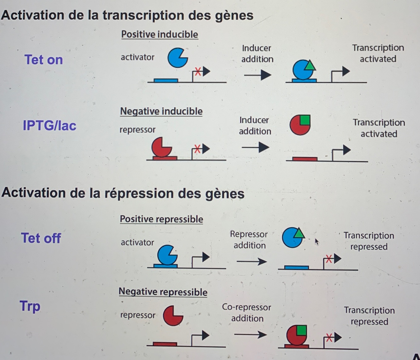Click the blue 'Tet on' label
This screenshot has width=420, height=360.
coord(43,59)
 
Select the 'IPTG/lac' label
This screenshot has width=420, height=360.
coord(49,126)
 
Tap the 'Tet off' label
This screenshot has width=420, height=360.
coord(41,238)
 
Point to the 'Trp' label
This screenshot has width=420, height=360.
coord(30,306)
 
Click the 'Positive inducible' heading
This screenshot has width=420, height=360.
coord(160,34)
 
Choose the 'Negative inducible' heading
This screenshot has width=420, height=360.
coord(161,111)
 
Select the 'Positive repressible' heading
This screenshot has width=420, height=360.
coord(161,219)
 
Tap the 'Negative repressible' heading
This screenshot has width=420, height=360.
coord(163,292)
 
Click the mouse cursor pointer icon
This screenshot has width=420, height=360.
coord(316,241)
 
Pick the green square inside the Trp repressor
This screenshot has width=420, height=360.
coord(301,330)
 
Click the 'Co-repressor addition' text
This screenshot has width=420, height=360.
coord(247,312)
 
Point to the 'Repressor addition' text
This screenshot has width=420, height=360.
coord(249,239)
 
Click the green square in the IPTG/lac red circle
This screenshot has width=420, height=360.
coord(305,120)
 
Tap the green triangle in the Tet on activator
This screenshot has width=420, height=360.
coord(310,65)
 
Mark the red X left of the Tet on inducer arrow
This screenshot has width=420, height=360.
coord(198,71)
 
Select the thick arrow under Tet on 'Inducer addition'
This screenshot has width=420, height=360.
coord(258,75)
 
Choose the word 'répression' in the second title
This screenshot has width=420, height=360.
coord(139,193)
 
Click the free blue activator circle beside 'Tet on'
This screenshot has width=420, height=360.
coord(177,58)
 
